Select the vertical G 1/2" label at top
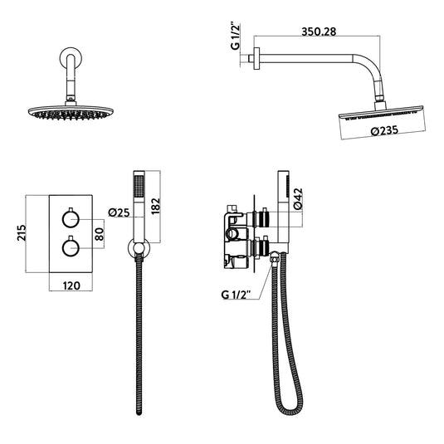[235, 40]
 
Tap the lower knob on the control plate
[71, 247]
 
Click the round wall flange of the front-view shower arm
[67, 60]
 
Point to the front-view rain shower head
[66, 113]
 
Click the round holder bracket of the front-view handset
[139, 246]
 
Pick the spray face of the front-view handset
[139, 184]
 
